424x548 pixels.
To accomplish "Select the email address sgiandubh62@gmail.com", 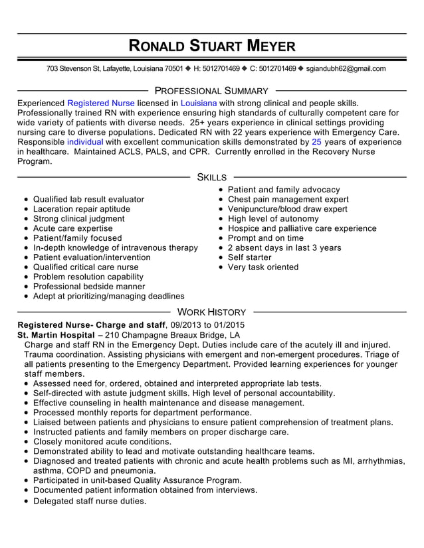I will point(346,68).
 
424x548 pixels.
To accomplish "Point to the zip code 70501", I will point(173,68).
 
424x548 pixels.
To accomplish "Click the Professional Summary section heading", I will point(211,91).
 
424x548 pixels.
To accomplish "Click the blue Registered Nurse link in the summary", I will point(101,103).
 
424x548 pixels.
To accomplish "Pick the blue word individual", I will point(85,142).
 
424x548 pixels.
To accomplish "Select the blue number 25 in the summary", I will point(317,142).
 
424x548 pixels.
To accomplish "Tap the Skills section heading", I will point(212,177).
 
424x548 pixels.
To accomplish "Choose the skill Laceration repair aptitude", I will point(82,209).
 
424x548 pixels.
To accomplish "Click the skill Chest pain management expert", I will point(288,199).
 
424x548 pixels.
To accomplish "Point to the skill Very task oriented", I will point(263,267).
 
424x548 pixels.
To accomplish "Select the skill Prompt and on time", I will point(265,238).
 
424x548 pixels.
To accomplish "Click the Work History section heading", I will point(212,312).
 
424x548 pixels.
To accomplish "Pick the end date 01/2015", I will point(229,325).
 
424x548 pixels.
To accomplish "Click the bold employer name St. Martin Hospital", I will point(56,335).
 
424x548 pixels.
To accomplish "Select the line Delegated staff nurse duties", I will point(89,501).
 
